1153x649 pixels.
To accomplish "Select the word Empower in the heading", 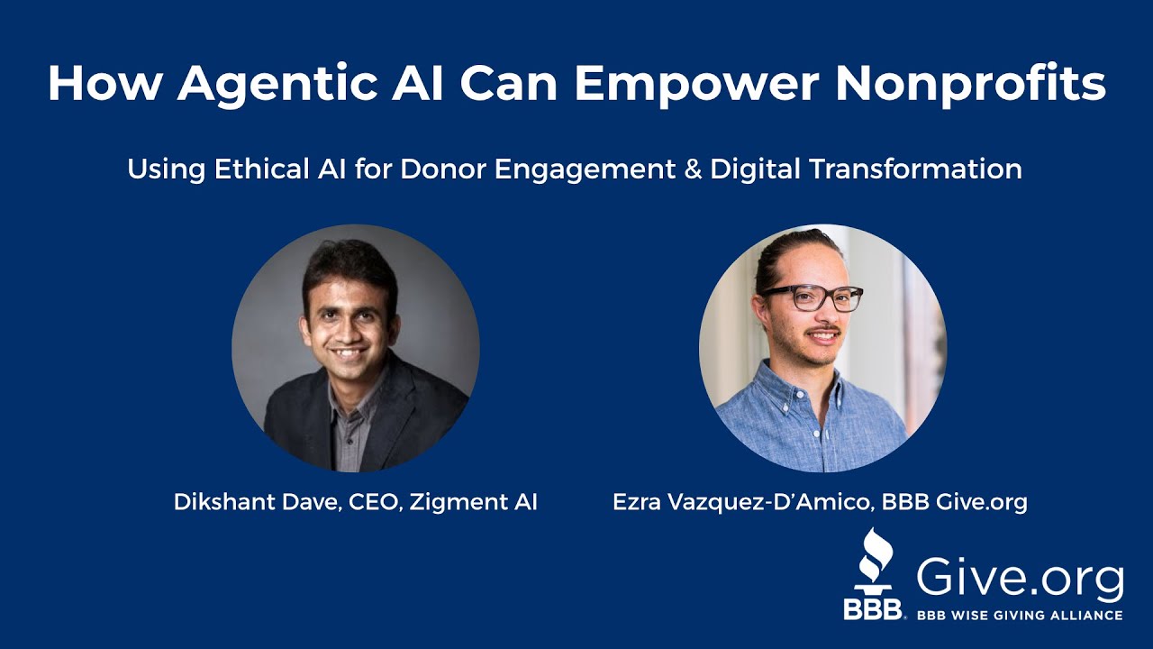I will coord(695,84).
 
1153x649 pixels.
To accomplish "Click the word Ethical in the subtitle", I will coord(256,169).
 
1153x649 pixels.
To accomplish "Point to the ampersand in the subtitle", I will coord(692,169).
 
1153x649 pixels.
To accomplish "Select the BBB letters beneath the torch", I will coord(872,609).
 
